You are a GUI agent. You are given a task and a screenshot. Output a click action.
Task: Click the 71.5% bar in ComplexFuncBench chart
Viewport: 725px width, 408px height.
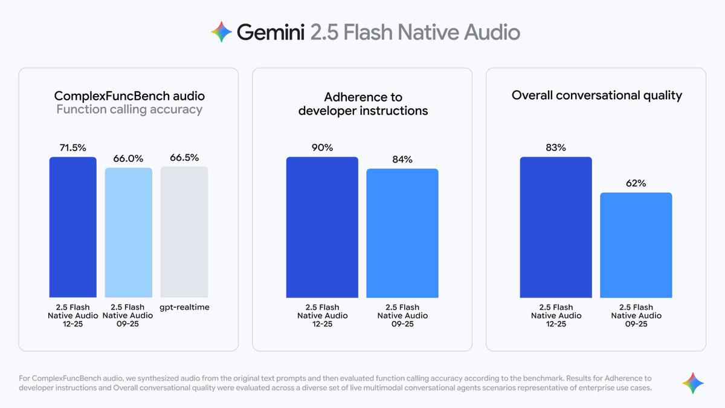point(72,227)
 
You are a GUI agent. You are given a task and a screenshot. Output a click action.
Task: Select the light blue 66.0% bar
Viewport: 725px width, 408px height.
point(128,233)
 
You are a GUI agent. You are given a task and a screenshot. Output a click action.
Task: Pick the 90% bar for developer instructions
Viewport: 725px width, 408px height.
point(322,227)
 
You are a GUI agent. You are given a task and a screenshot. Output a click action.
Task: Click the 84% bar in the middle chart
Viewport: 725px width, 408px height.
point(402,233)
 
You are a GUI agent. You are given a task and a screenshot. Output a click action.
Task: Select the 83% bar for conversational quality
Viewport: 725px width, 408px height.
point(556,227)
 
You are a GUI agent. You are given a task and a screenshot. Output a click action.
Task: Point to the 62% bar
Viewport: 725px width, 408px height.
point(636,245)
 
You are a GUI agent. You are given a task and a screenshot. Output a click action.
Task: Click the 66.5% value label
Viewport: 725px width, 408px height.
point(184,158)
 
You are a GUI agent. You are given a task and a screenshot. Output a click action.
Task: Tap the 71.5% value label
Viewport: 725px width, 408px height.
point(72,147)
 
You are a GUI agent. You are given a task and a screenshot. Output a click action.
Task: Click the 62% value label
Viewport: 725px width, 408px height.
point(636,183)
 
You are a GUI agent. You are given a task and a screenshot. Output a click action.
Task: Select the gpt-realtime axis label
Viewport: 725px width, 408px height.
point(184,308)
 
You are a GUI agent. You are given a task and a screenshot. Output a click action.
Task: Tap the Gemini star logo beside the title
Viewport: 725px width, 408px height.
point(221,31)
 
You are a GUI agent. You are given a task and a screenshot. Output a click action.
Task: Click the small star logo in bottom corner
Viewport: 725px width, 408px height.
point(693,383)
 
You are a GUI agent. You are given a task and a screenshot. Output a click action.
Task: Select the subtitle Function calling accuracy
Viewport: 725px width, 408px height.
point(129,109)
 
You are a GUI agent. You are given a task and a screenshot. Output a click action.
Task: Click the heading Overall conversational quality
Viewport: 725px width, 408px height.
point(596,96)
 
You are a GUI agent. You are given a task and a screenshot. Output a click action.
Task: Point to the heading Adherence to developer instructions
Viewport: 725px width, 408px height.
point(362,103)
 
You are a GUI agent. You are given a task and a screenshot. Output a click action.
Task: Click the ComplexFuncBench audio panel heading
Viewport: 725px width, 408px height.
point(129,96)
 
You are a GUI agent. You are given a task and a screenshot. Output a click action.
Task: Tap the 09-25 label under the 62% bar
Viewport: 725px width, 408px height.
point(636,324)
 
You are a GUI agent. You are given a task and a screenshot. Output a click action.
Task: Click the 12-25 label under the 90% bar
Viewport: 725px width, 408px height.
point(322,324)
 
